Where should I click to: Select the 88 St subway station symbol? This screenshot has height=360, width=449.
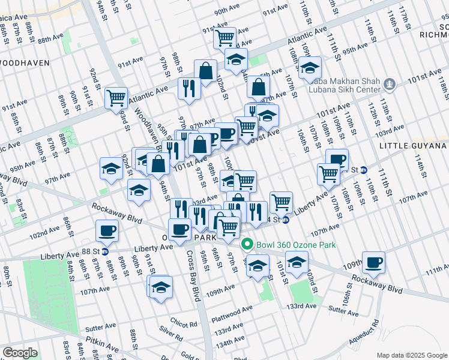pos(104,251)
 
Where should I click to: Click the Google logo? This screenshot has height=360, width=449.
pos(20,353)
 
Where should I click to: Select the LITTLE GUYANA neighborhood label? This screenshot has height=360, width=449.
pos(414,146)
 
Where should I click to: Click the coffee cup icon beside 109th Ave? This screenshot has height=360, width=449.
pos(373,262)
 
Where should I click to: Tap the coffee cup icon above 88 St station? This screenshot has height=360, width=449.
pos(107,230)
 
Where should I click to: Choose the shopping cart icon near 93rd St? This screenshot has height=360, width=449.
pos(116,97)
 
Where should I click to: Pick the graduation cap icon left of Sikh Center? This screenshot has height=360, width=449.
pos(310,68)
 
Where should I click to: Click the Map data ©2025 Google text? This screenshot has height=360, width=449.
pos(412,355)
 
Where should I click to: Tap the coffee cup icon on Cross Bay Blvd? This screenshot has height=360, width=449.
pos(179,228)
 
